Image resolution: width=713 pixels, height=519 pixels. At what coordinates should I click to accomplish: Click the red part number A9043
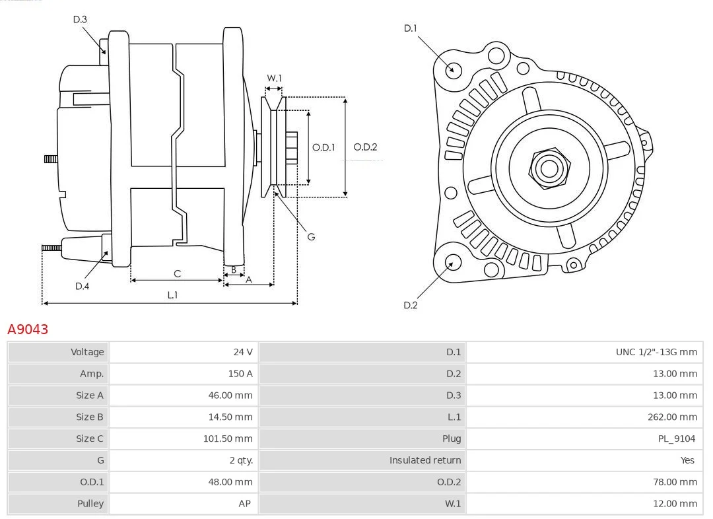click(x=28, y=329)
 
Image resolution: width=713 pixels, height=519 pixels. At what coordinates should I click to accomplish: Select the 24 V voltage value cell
click(x=243, y=352)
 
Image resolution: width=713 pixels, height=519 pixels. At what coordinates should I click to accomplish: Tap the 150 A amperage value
click(x=240, y=374)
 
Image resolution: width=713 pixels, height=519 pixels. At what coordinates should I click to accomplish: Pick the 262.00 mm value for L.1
click(x=672, y=417)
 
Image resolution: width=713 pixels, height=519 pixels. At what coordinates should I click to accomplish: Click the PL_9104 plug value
click(x=677, y=438)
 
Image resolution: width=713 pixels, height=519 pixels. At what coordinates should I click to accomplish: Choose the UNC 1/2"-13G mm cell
click(x=656, y=352)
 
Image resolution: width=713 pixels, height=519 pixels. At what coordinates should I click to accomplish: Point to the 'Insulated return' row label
click(x=425, y=460)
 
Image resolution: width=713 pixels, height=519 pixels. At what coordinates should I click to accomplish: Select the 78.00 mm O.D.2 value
click(x=675, y=482)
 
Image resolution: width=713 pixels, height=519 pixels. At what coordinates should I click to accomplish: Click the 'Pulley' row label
click(x=90, y=504)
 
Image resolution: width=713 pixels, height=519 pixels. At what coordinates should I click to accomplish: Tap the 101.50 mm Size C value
click(x=227, y=438)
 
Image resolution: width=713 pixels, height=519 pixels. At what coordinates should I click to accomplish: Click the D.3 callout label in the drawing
click(x=80, y=19)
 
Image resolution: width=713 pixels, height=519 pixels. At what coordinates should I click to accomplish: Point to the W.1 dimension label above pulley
click(x=274, y=78)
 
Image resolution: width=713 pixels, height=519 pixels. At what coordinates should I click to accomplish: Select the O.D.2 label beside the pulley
click(x=365, y=147)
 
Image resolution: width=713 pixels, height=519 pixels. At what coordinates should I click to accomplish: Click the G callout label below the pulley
click(x=311, y=236)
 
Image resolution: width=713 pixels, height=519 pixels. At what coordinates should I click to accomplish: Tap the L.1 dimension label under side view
click(x=172, y=294)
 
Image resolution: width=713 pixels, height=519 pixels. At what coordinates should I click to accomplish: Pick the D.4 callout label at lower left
click(x=82, y=286)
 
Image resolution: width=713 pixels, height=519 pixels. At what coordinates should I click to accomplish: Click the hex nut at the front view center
click(x=549, y=168)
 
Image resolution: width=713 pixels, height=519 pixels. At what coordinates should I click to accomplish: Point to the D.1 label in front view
click(x=410, y=28)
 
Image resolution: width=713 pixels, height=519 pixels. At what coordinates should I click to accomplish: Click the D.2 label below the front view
click(x=410, y=305)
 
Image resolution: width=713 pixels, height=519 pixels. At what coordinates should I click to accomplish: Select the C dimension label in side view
click(x=178, y=273)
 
